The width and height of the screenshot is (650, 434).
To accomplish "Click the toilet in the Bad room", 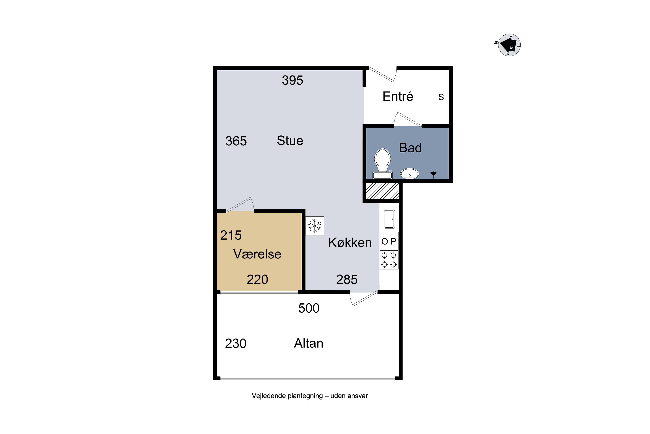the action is pos(382,164).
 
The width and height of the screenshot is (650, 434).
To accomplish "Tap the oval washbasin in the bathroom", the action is pos(409,174).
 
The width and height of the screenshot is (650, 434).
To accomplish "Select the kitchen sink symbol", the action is pos(389,219).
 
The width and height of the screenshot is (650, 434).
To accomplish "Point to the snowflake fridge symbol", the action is pos(315,226).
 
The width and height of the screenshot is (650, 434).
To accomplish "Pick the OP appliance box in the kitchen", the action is pos(389,241).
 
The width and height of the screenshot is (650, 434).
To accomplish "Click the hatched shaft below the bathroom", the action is pos(382,191).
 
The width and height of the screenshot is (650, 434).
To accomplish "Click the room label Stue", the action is pos(290,141).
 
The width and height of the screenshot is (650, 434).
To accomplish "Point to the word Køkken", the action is pos(350,243).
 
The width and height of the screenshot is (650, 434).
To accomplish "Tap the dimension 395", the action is pos(292,80).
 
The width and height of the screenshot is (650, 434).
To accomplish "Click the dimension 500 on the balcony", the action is pos(309,308).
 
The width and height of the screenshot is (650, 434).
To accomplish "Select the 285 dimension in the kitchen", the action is pos(347,279).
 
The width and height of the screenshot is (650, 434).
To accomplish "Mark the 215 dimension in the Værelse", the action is pos(231,235).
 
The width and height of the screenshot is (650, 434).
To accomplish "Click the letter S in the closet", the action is pos(441,97).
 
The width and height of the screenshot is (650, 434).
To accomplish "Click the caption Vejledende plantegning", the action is pos(287,396).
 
